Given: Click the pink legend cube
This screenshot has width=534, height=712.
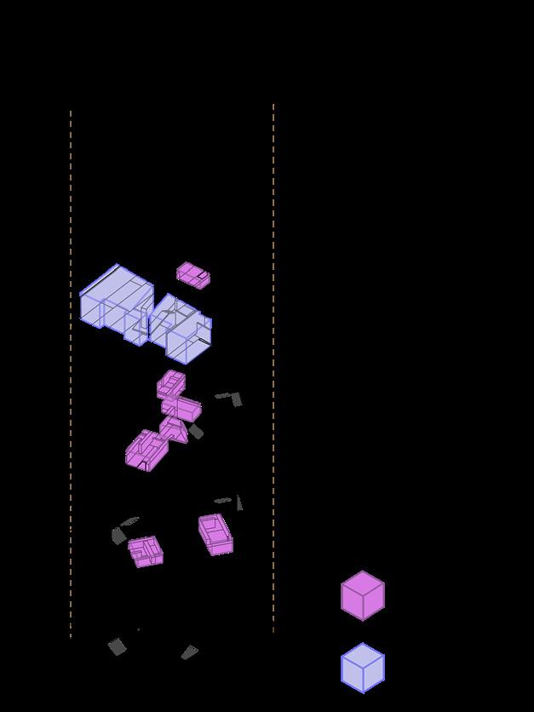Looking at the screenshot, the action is [x=363, y=596].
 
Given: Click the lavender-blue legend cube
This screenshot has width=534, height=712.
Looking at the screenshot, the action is [x=363, y=669].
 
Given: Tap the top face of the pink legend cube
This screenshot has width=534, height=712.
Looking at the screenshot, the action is [x=363, y=583].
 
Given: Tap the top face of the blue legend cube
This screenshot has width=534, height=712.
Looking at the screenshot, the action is [x=363, y=655].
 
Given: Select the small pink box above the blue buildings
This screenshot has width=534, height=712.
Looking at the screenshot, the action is [x=193, y=275].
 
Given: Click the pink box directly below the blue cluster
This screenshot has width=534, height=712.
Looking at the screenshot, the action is [x=170, y=384].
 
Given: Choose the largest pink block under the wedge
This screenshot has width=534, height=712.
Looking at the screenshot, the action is [x=145, y=450].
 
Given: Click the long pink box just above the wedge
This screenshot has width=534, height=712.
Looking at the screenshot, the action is [x=182, y=408].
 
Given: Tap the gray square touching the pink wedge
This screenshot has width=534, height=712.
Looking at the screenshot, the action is [x=197, y=432].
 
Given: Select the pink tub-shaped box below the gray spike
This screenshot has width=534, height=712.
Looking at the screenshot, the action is [x=215, y=534].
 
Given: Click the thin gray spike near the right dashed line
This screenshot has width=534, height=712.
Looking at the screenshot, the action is [x=239, y=502].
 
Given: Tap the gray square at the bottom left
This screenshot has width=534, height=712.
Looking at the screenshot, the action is [x=118, y=647].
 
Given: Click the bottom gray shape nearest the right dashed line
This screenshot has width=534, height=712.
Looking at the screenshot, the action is [x=189, y=652].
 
